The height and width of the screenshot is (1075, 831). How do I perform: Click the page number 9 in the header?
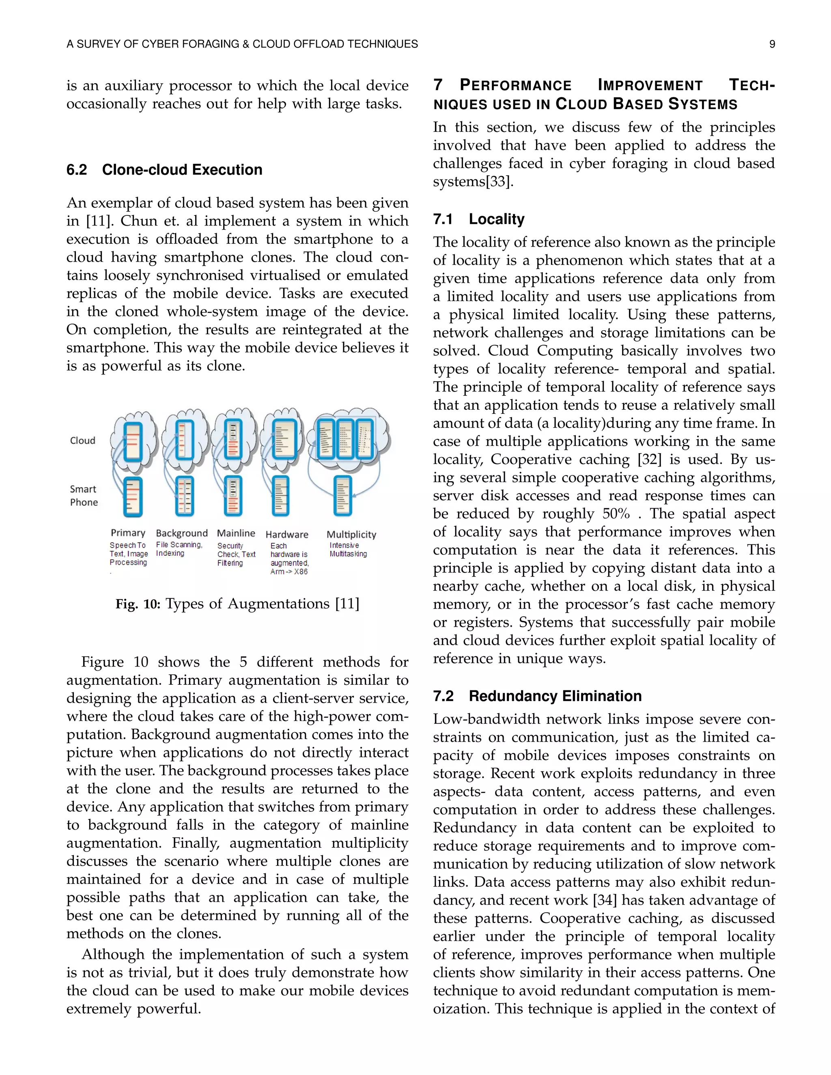click(772, 44)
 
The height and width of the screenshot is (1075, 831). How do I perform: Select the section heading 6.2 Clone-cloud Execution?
click(164, 170)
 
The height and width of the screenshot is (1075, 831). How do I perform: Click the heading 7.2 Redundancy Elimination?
click(537, 696)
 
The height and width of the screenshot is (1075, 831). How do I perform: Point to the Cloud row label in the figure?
click(83, 441)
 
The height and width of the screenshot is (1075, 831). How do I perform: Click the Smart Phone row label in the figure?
click(84, 496)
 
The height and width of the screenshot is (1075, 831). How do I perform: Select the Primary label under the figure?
click(128, 533)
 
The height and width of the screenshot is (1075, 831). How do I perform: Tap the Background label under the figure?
click(182, 533)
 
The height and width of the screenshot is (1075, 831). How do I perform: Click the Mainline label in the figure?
click(236, 533)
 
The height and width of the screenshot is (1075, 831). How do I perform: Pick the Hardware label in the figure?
click(287, 535)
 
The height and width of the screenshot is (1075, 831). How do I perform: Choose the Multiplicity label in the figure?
click(351, 535)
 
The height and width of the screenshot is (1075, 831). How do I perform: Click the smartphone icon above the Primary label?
click(132, 497)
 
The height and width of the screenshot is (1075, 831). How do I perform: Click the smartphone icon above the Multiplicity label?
click(342, 496)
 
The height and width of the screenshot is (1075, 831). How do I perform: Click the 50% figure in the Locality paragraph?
click(616, 514)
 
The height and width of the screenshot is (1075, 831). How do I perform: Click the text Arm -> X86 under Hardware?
click(289, 572)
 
